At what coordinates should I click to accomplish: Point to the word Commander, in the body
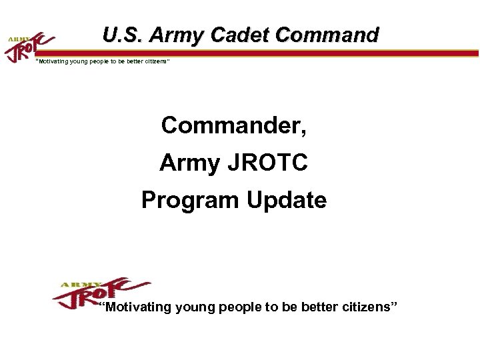coord(233,125)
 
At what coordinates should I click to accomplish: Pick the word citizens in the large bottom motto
coord(366,307)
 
